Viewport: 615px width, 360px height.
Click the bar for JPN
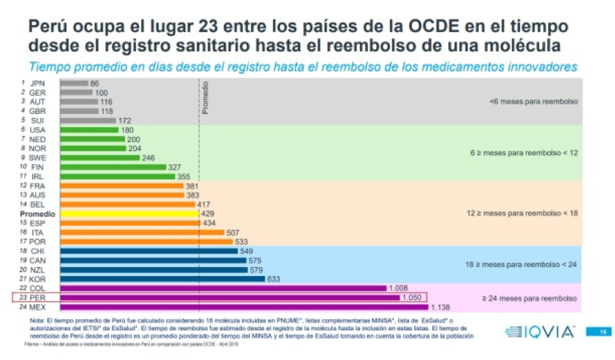tap(74, 83)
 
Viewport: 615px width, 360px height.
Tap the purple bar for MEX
tap(244, 307)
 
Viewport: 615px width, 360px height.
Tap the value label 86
tap(95, 83)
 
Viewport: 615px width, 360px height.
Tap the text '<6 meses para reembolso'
tap(533, 101)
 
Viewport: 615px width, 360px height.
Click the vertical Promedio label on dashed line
tap(204, 98)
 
